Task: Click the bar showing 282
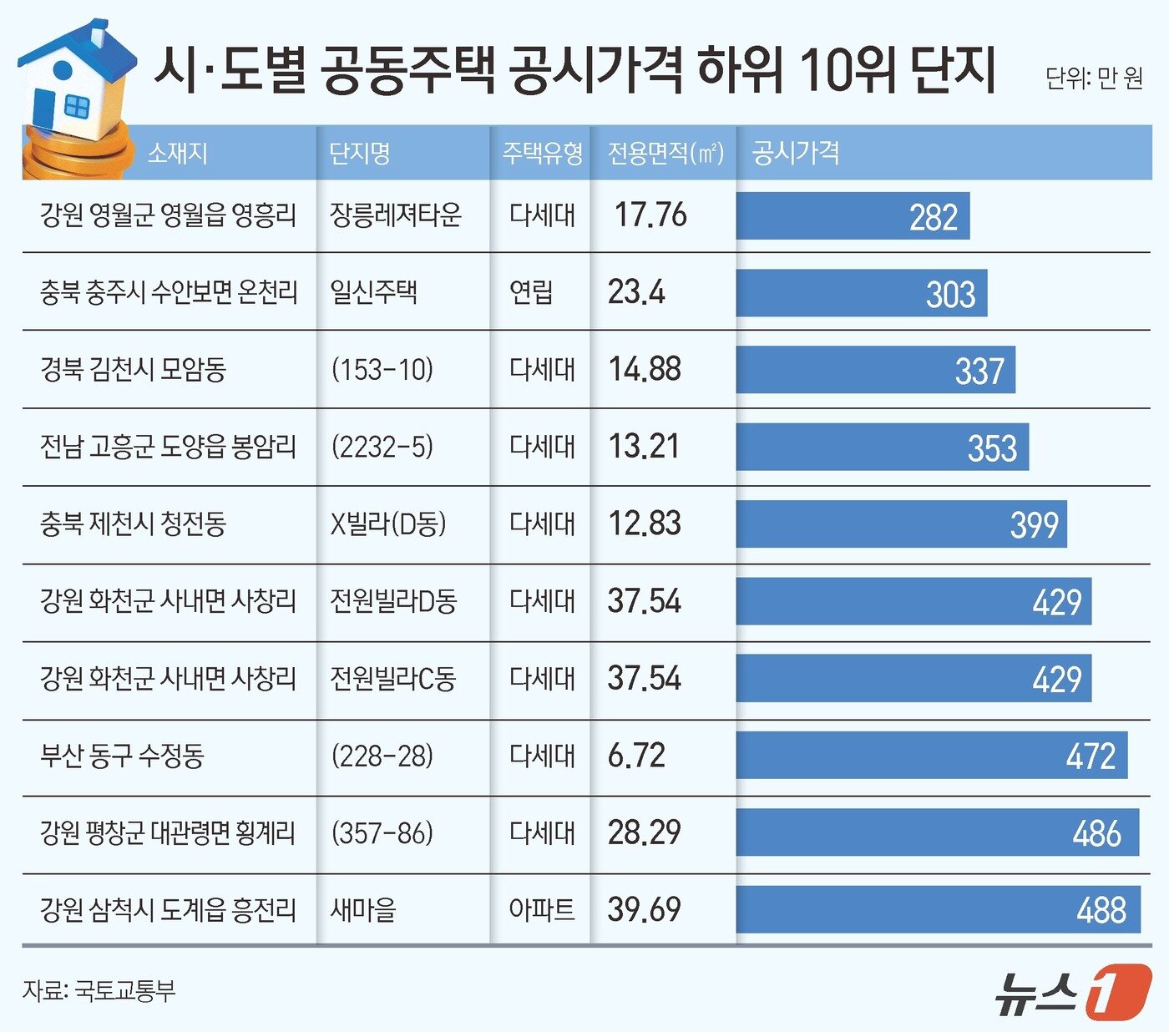pyautogui.click(x=853, y=216)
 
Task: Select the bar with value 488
pyautogui.click(x=938, y=909)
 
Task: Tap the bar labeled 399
pyautogui.click(x=901, y=524)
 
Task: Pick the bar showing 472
pyautogui.click(x=931, y=756)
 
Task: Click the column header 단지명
pyautogui.click(x=360, y=153)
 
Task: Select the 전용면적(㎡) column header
pyautogui.click(x=665, y=153)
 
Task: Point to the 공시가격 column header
pyautogui.click(x=795, y=153)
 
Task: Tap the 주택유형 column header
pyautogui.click(x=542, y=153)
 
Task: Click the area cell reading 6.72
pyautogui.click(x=636, y=756)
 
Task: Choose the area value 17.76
pyautogui.click(x=650, y=215)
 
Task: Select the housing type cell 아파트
pyautogui.click(x=542, y=909)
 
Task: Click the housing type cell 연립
pyautogui.click(x=531, y=292)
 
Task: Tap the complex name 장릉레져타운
pyautogui.click(x=395, y=215)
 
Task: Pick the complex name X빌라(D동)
pyautogui.click(x=388, y=524)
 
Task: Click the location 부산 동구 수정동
pyautogui.click(x=122, y=756)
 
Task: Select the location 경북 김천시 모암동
pyautogui.click(x=133, y=369)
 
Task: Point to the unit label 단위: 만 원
pyautogui.click(x=1094, y=78)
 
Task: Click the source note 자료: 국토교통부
pyautogui.click(x=99, y=990)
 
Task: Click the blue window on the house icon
pyautogui.click(x=76, y=106)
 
